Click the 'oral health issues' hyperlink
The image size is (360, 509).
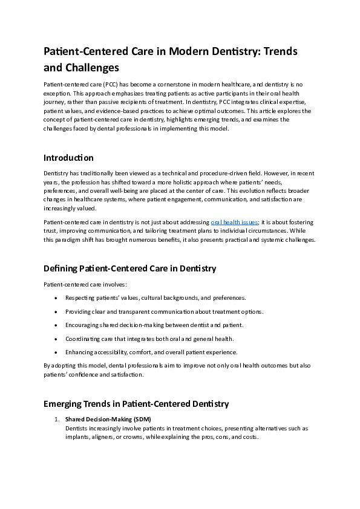[234, 222]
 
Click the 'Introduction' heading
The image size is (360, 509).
[68, 158]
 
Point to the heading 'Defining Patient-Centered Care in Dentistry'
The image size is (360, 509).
[129, 268]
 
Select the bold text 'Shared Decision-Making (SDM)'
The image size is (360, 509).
[108, 419]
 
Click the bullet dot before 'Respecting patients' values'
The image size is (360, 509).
[56, 298]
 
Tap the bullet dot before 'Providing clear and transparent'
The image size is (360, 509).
[56, 311]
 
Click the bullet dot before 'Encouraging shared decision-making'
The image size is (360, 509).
[56, 325]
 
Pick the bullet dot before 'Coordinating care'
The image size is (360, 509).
[56, 339]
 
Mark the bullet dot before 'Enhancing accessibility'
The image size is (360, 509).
[56, 352]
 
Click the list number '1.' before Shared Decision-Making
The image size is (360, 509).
[57, 419]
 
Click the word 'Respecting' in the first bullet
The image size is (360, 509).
[79, 298]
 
